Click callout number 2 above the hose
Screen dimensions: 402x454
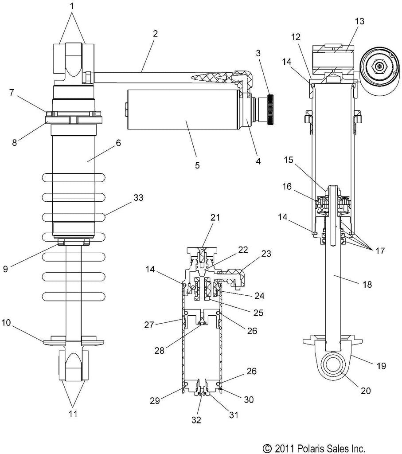pyautogui.click(x=156, y=34)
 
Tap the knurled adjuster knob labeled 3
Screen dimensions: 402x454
pyautogui.click(x=271, y=110)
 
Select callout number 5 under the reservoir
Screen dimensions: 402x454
pyautogui.click(x=197, y=165)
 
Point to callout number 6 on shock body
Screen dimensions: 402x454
pyautogui.click(x=118, y=143)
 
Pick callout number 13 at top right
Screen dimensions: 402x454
pyautogui.click(x=359, y=21)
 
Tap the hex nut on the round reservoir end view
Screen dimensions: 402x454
pyautogui.click(x=379, y=67)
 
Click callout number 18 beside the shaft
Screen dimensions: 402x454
pyautogui.click(x=367, y=284)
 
